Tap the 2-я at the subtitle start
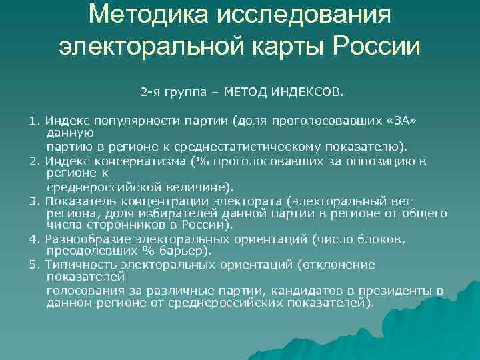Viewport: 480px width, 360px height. tap(150, 88)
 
